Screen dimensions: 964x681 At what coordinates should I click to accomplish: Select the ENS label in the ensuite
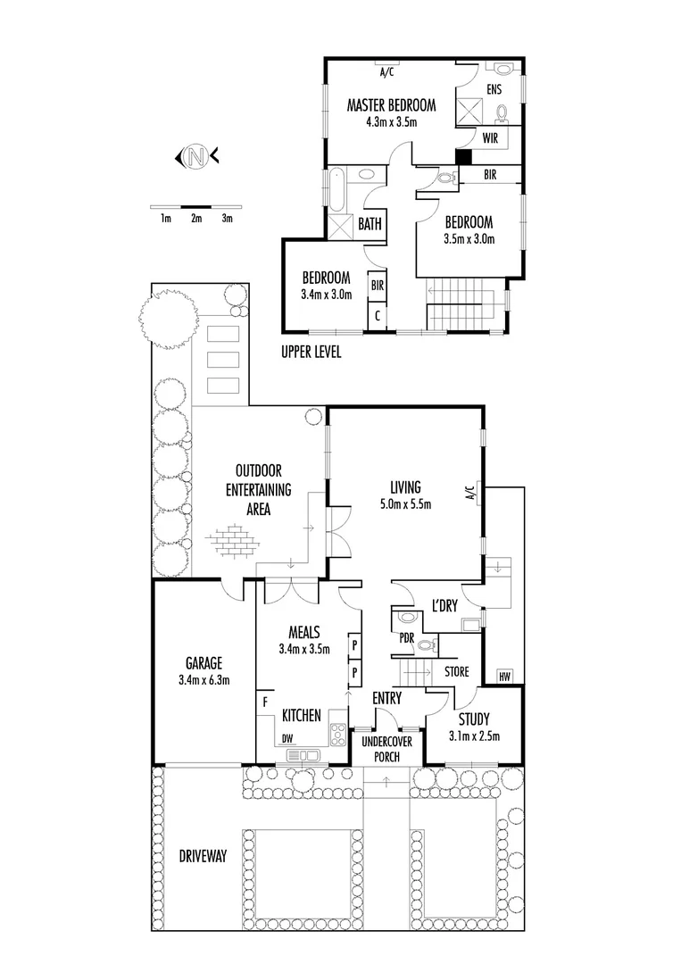click(494, 90)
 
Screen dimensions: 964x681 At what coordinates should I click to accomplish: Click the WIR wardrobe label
click(490, 138)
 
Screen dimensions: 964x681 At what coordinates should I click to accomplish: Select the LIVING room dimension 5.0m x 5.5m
click(405, 504)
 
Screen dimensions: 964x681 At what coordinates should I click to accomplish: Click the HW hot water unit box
click(505, 676)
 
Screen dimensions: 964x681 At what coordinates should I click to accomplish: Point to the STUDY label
click(474, 719)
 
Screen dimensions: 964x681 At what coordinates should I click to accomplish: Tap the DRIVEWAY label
click(203, 856)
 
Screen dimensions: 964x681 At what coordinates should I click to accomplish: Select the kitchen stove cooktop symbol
click(338, 734)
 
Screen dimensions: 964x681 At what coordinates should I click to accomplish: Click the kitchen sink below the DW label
click(303, 756)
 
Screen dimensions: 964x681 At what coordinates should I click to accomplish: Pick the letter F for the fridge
click(265, 702)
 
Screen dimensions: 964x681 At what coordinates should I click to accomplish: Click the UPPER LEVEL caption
click(311, 352)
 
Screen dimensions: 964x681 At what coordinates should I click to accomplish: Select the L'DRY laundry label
click(444, 605)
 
